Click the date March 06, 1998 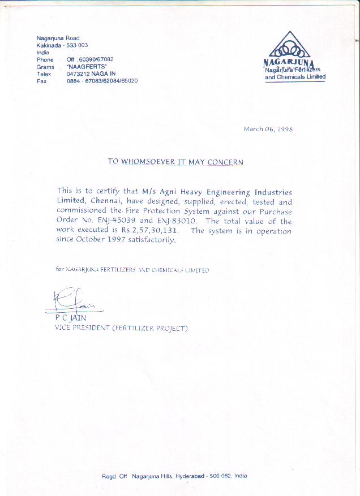pyautogui.click(x=268, y=129)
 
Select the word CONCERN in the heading pyautogui.click(x=225, y=162)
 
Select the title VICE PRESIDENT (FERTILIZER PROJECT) pyautogui.click(x=121, y=328)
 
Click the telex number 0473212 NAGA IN pyautogui.click(x=91, y=74)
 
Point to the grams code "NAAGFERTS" pyautogui.click(x=83, y=67)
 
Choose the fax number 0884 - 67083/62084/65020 pyautogui.click(x=102, y=81)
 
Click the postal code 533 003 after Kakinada pyautogui.click(x=77, y=45)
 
